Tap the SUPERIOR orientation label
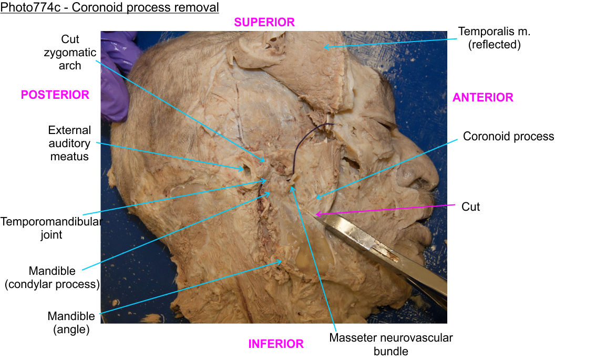coord(264,22)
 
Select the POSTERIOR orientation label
coord(55,95)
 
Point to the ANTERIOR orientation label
coord(482,97)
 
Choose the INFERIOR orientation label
coord(276,344)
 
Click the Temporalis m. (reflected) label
coord(494,38)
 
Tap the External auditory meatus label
coord(69,143)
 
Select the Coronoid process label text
coord(508,136)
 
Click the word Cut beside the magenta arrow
coord(470,207)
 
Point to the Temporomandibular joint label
coord(50,228)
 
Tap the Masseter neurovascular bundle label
coord(391,344)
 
